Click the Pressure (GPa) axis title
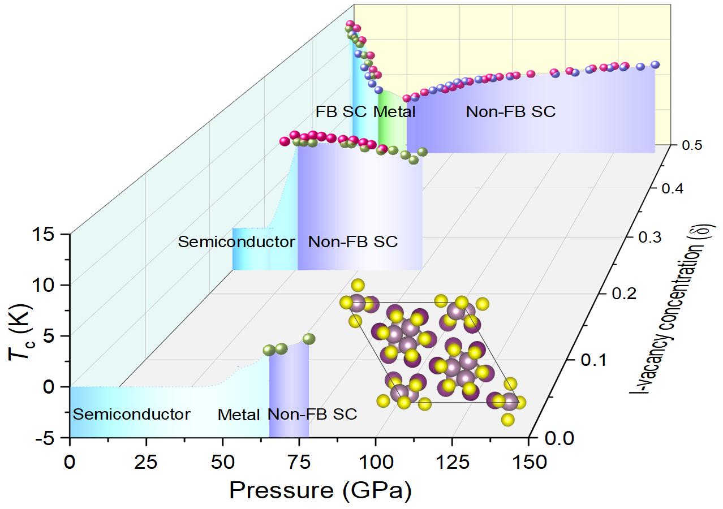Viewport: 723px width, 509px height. tap(320, 490)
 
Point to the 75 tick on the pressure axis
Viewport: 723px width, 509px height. tap(299, 462)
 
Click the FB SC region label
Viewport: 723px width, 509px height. tap(341, 112)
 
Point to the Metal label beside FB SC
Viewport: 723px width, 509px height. tap(394, 112)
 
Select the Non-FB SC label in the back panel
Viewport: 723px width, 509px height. tap(510, 112)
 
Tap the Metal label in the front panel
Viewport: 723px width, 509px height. tap(239, 415)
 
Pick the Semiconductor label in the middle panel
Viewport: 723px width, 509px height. tap(236, 242)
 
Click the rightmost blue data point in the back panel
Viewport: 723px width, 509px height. tap(655, 65)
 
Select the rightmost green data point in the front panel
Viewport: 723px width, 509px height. tap(308, 339)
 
